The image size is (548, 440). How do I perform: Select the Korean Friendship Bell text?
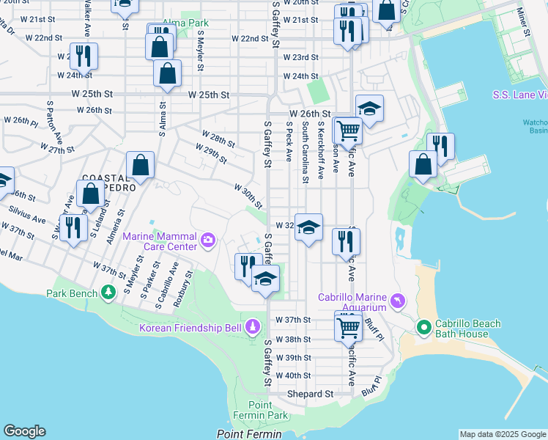coord(190,326)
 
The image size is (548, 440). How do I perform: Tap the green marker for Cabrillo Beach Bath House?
coord(423,326)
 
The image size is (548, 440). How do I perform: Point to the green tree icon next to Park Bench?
coord(108,293)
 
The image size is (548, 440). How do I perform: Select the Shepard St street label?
coord(309,394)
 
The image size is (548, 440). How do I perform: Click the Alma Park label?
coord(185,23)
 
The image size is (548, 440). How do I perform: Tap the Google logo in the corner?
coord(24,431)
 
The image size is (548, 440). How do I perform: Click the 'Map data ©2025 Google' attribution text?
coord(503,434)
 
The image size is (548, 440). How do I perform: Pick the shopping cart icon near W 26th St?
coord(348,131)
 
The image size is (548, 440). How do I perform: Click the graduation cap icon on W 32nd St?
coord(309,228)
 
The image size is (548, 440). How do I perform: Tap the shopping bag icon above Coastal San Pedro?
coord(140,166)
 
